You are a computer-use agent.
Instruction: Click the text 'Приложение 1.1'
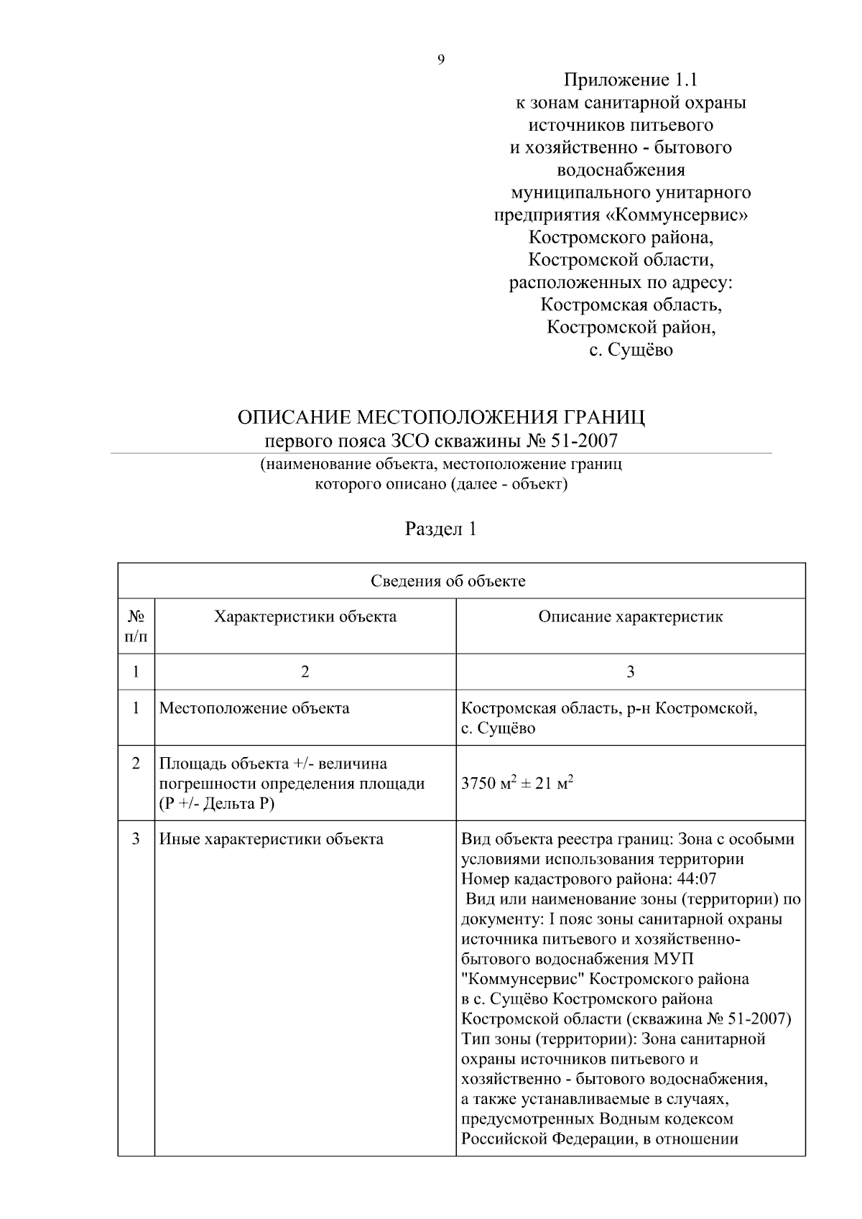click(x=630, y=80)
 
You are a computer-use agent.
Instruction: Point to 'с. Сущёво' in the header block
click(x=631, y=351)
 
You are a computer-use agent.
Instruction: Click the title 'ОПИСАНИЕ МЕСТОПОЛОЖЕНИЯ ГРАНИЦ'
click(x=441, y=417)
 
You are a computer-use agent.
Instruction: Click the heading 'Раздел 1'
click(x=440, y=530)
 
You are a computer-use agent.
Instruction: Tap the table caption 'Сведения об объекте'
click(x=448, y=581)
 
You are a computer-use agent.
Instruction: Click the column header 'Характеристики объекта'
click(x=305, y=616)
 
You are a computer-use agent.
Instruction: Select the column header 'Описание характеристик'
click(x=631, y=616)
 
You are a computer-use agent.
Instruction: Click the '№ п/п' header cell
click(x=136, y=626)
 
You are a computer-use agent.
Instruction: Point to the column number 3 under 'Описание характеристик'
click(x=630, y=672)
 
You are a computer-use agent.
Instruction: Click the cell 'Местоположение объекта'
click(x=254, y=708)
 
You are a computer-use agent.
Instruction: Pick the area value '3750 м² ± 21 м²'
click(x=517, y=783)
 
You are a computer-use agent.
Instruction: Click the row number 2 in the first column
click(x=136, y=763)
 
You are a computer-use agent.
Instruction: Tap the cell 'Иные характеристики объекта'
click(x=271, y=839)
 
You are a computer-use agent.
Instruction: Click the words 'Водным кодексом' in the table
click(x=667, y=1118)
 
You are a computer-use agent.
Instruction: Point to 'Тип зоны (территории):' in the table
click(x=548, y=1039)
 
